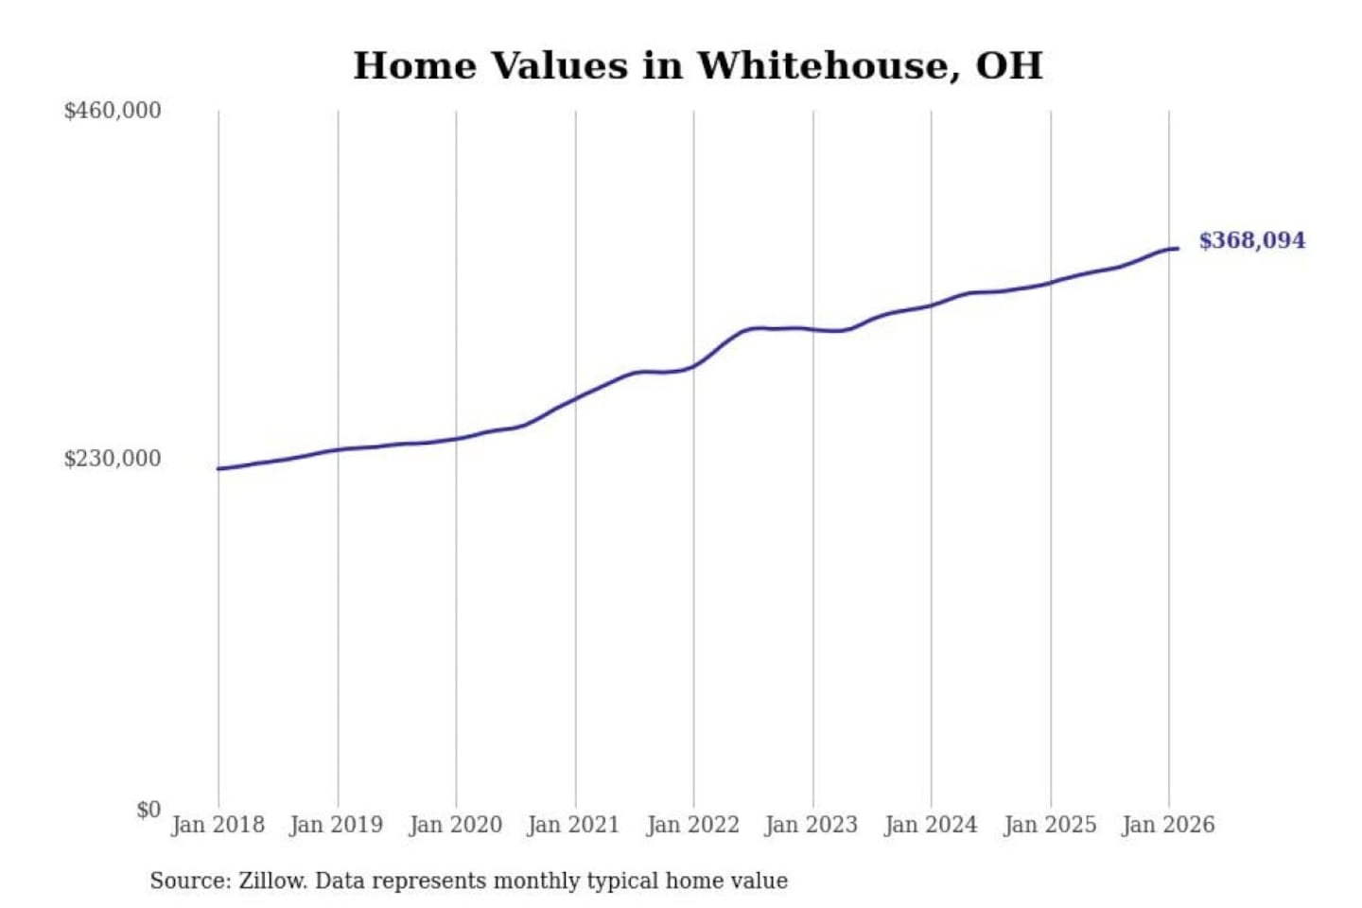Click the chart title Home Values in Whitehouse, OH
pos(698,66)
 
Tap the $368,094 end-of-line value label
pos(1251,240)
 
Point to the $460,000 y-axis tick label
pos(113,111)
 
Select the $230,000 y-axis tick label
pos(113,459)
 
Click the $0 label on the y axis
pos(148,810)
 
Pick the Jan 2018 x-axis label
pos(218,825)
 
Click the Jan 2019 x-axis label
pos(336,825)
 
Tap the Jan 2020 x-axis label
pos(455,825)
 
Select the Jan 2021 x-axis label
pos(573,825)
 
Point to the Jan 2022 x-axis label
pos(692,825)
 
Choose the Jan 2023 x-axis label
pos(811,825)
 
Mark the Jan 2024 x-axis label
pos(930,825)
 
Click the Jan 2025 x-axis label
pos(1049,825)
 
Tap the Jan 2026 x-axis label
pos(1167,825)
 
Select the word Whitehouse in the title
pos(821,66)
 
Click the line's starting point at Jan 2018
pos(218,468)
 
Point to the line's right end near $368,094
pos(1178,249)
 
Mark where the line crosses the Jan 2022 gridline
pos(693,365)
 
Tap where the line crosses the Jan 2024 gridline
pos(931,305)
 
